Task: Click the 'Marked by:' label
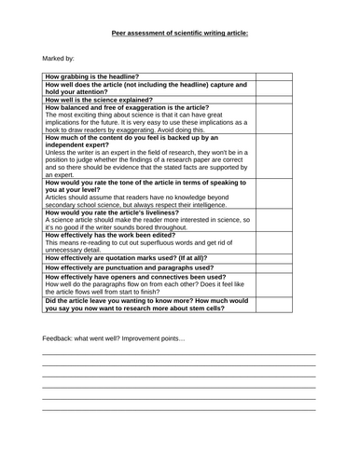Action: pyautogui.click(x=59, y=58)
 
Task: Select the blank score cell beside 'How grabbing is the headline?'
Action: pyautogui.click(x=285, y=75)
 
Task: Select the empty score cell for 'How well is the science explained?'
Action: pyautogui.click(x=285, y=98)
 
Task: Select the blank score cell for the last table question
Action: pyautogui.click(x=285, y=305)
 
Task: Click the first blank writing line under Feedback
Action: pyautogui.click(x=179, y=353)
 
